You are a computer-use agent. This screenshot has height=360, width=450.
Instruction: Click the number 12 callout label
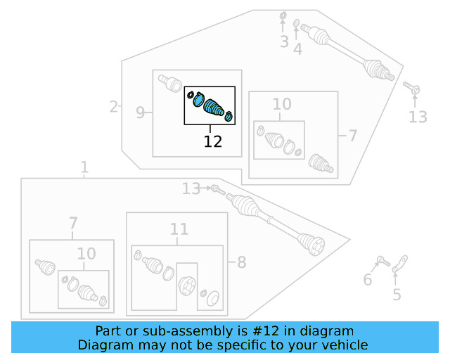[213, 141]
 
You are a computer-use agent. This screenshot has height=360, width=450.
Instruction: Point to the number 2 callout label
[113, 107]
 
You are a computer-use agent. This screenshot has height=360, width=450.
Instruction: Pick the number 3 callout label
[284, 42]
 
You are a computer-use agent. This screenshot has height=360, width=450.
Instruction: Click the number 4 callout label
[298, 49]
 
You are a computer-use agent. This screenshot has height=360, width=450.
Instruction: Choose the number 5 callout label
[397, 295]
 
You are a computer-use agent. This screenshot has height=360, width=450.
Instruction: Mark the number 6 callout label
[367, 281]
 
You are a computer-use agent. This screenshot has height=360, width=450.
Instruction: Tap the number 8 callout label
[241, 263]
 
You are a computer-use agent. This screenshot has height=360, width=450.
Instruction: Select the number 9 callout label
[140, 112]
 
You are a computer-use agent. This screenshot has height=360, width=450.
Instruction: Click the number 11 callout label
[179, 229]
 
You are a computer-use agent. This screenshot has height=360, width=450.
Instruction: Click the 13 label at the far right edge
[418, 117]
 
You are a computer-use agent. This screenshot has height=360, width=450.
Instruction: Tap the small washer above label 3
[283, 15]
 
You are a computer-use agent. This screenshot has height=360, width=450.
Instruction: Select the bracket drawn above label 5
[400, 265]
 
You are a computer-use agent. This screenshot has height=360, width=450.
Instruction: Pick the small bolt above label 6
[383, 262]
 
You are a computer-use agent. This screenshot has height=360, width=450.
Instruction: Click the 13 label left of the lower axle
[191, 188]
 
